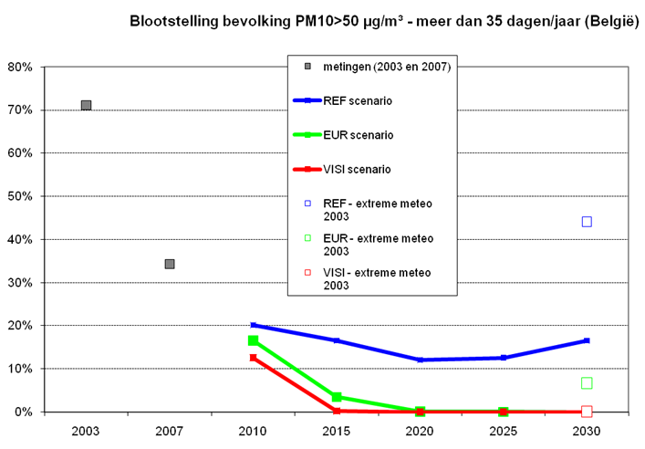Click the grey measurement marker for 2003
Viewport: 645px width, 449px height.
[x=86, y=105]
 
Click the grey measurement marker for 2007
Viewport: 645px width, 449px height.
[x=169, y=264]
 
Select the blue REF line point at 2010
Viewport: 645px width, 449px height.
[x=253, y=325]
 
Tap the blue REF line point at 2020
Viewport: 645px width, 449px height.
[x=420, y=360]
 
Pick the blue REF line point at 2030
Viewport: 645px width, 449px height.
[x=587, y=340]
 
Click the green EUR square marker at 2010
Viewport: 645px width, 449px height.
[x=253, y=340]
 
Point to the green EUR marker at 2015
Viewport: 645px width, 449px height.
[x=337, y=397]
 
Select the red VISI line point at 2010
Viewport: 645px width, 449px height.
[x=253, y=358]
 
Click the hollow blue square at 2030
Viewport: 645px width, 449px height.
[x=587, y=222]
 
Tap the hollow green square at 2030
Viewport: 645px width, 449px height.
[x=587, y=383]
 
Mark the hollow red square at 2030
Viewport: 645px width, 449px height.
[x=587, y=412]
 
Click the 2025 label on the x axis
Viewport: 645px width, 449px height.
[x=503, y=429]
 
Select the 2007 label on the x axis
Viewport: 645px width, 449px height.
[x=169, y=429]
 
